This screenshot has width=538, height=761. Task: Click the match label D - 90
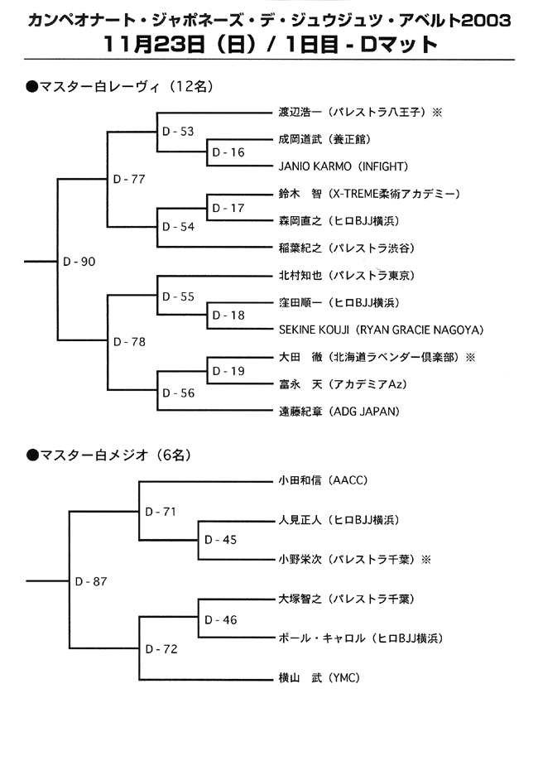point(79,262)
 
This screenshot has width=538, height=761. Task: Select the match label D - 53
point(178,132)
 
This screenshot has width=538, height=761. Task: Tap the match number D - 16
point(228,152)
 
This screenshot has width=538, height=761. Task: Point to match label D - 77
point(129,179)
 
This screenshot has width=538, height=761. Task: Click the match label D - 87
point(91,581)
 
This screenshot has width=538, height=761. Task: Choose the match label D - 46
point(221,619)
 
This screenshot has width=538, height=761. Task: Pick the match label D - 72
point(161,649)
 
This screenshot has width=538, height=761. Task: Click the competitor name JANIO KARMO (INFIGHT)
point(343,166)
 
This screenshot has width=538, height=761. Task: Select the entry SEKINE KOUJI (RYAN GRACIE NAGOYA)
point(382,330)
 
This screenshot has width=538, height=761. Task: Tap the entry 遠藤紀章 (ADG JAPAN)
point(339,412)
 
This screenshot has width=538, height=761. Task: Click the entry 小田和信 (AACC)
point(323,480)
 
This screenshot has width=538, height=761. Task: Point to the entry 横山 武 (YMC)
point(319,677)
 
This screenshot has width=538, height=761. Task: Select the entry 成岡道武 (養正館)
point(324,139)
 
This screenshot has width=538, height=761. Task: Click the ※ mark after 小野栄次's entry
point(426,560)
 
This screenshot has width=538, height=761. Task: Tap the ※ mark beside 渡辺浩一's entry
point(437,112)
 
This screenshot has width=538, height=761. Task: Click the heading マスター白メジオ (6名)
point(109,455)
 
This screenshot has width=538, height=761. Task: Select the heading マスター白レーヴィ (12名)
point(120,86)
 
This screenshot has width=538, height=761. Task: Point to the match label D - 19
point(228,371)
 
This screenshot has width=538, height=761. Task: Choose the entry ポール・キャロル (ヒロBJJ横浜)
point(361,638)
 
